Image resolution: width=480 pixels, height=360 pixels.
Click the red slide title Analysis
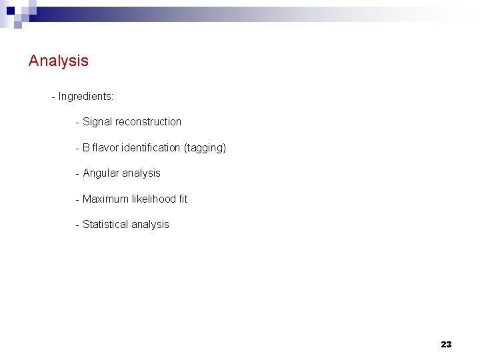click(x=59, y=61)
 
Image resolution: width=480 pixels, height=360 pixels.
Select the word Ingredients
click(x=85, y=97)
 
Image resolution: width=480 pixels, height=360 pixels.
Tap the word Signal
click(x=97, y=122)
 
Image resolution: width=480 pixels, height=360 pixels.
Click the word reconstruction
click(x=148, y=122)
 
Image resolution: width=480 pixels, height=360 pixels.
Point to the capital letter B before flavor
click(x=86, y=147)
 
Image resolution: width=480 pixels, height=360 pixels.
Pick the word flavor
click(x=106, y=147)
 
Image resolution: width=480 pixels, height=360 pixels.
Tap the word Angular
click(x=102, y=173)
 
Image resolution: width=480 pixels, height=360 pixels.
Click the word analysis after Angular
click(x=142, y=173)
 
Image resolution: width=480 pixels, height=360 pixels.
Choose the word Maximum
click(x=105, y=199)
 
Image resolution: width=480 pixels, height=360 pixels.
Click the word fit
click(x=183, y=199)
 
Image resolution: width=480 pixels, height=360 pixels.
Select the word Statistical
click(x=105, y=225)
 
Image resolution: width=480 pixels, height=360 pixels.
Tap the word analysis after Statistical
click(x=150, y=225)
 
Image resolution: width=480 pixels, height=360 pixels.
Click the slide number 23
click(x=446, y=345)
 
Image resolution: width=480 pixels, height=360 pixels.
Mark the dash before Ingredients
click(x=53, y=97)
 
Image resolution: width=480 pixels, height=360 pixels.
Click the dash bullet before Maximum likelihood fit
click(x=78, y=199)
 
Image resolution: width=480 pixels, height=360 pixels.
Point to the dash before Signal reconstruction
click(x=78, y=123)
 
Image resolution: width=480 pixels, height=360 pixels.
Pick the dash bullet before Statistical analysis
click(x=78, y=225)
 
